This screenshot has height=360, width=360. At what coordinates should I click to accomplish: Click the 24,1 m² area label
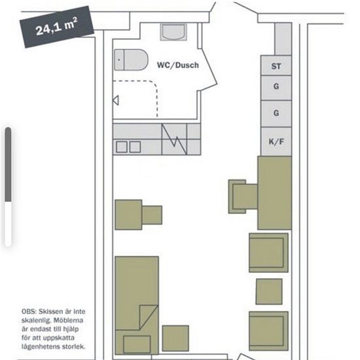pos(57,27)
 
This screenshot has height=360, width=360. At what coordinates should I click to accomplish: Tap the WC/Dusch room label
pos(178,65)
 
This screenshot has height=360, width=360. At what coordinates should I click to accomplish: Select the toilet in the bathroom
pos(131,60)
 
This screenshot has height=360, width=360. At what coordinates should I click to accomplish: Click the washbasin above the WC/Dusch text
pos(173,32)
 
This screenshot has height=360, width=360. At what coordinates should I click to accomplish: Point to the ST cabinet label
pos(276,66)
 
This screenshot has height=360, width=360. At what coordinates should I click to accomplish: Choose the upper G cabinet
pos(276,88)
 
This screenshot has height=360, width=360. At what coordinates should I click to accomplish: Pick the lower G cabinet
pos(276,114)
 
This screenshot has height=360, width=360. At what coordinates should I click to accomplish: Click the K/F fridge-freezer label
pos(276,141)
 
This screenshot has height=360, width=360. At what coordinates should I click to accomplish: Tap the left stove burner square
pos(122,147)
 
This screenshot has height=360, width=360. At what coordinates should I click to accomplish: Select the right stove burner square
pos(135,147)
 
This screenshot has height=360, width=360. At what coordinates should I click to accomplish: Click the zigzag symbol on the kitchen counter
pos(175,139)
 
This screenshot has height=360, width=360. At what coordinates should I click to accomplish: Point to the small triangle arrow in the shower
pos(116,100)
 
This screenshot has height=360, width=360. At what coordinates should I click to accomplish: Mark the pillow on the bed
pos(137,344)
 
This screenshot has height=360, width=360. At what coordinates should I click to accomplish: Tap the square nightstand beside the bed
pos(175,338)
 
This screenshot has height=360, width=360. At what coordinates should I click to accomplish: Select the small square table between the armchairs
pos(269,291)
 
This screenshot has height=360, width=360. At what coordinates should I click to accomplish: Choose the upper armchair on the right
pos(268,253)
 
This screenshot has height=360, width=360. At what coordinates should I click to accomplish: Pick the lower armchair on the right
pos(268,331)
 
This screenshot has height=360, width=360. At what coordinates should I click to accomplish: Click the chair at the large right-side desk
pos(243,197)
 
